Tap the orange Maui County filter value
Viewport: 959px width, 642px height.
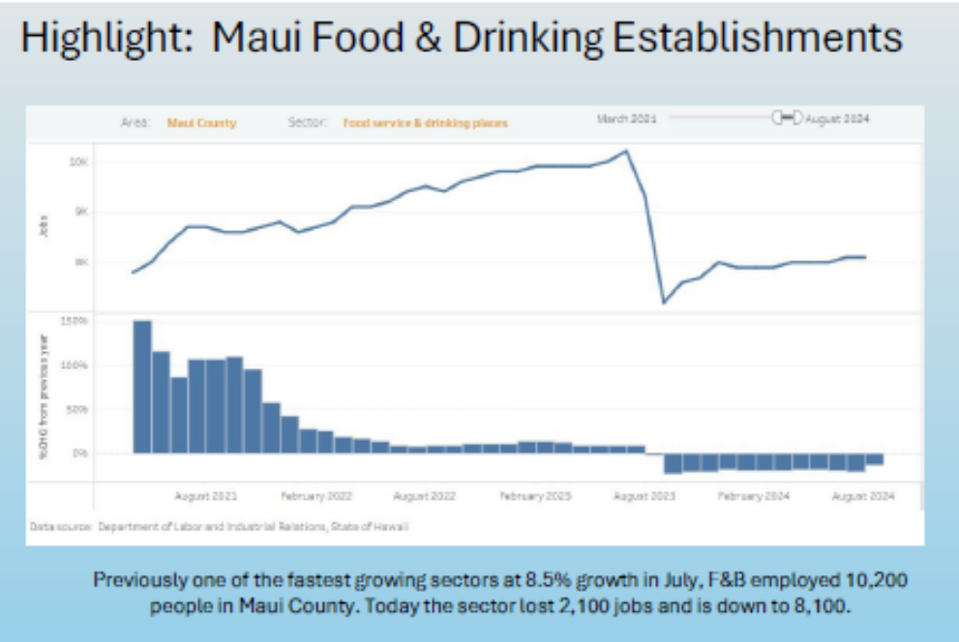[x=201, y=124]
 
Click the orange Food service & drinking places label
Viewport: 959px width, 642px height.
[x=425, y=124]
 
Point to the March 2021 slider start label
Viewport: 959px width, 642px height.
[x=626, y=118]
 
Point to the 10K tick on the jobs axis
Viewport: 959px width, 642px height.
[x=78, y=161]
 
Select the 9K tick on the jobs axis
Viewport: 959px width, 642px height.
[x=80, y=212]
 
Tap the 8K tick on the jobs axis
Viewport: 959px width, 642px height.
[x=80, y=262]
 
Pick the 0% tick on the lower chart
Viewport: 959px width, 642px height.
[x=81, y=452]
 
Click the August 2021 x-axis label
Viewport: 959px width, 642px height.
[x=205, y=495]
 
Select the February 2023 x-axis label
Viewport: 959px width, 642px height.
[x=535, y=495]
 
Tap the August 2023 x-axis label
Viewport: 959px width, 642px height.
[x=644, y=495]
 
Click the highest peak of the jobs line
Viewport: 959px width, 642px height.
[x=627, y=151]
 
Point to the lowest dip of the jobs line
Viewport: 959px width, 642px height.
[x=664, y=303]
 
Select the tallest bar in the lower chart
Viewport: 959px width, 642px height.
[x=142, y=387]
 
